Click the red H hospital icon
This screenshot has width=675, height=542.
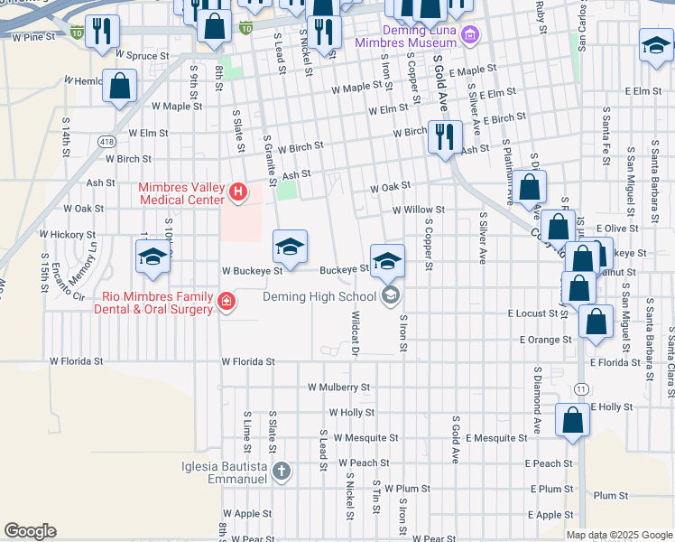(238, 191)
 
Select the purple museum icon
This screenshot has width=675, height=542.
(468, 36)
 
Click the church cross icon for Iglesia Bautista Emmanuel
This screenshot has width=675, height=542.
(282, 471)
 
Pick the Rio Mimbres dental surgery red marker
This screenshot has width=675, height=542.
(227, 302)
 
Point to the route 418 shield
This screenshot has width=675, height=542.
(107, 142)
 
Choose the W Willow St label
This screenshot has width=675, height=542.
(418, 210)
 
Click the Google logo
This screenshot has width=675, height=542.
(30, 531)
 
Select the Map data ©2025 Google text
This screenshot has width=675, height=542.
(619, 535)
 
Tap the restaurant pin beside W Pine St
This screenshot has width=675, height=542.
(101, 32)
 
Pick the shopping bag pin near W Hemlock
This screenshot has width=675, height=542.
(120, 88)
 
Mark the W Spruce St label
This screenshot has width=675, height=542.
(143, 56)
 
